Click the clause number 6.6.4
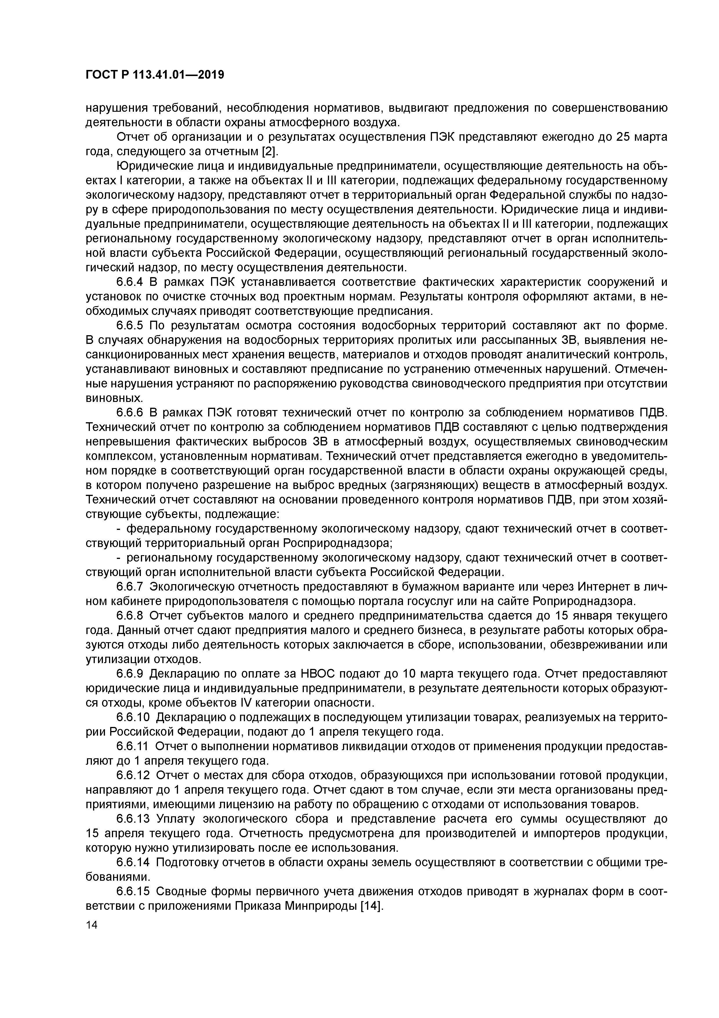coord(130,282)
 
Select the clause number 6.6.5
coord(130,326)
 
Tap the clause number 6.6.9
coord(130,674)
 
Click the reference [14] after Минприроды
coord(372,905)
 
